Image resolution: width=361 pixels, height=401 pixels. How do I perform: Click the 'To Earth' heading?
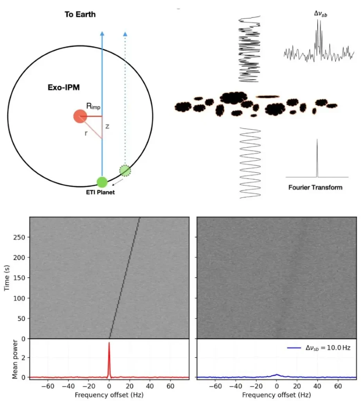tap(80, 15)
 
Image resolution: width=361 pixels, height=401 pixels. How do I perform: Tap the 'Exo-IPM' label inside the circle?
tap(63, 88)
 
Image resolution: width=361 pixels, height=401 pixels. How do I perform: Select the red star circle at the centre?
tap(80, 116)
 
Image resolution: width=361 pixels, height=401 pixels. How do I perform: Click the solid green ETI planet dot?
tap(102, 182)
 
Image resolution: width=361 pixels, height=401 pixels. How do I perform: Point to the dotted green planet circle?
tap(125, 171)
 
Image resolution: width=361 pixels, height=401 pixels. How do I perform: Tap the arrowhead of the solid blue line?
tap(102, 34)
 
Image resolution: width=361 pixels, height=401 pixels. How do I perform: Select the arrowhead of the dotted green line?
tap(125, 34)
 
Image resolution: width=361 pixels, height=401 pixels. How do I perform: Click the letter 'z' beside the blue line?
tap(107, 126)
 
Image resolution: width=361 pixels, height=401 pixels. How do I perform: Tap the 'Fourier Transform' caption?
tap(315, 188)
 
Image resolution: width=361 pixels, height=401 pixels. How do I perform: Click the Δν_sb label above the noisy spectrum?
tap(321, 14)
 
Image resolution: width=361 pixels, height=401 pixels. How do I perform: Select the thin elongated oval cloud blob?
tap(268, 96)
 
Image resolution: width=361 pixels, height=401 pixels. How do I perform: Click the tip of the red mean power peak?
tap(109, 343)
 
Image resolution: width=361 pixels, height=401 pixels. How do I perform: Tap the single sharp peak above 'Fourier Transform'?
tap(317, 140)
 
